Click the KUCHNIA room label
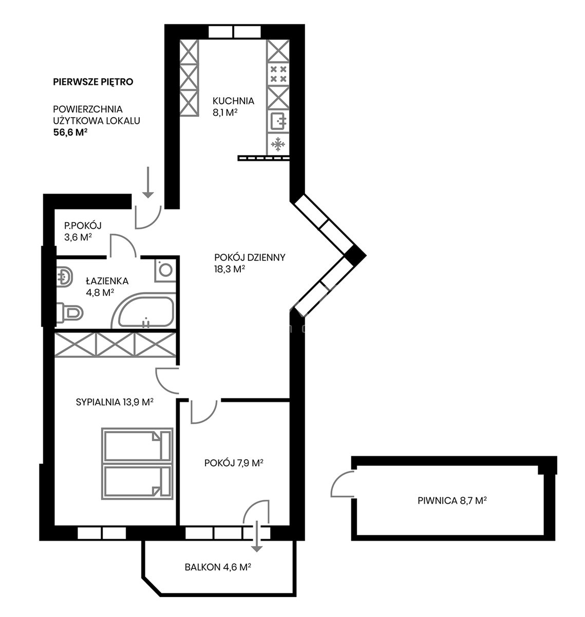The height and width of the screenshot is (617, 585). (x=233, y=101)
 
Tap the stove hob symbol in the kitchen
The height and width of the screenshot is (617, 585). (x=278, y=74)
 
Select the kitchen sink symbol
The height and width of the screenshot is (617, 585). (x=278, y=121)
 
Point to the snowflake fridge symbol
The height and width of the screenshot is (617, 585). (x=278, y=144)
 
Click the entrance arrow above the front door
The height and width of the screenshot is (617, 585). (x=148, y=183)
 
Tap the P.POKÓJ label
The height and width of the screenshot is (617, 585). (x=83, y=226)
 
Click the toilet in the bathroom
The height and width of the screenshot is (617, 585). (x=70, y=313)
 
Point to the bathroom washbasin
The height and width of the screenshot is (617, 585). (x=65, y=277)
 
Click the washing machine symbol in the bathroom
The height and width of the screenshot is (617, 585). (x=165, y=270)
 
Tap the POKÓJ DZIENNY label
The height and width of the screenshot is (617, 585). (x=250, y=258)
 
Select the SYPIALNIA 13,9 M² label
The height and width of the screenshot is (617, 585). (x=115, y=402)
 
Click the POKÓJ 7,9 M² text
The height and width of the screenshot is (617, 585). (x=234, y=463)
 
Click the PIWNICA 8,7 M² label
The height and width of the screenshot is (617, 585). (x=452, y=501)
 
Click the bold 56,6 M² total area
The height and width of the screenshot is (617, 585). (x=70, y=133)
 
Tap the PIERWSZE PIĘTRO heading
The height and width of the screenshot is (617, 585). (x=93, y=82)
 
